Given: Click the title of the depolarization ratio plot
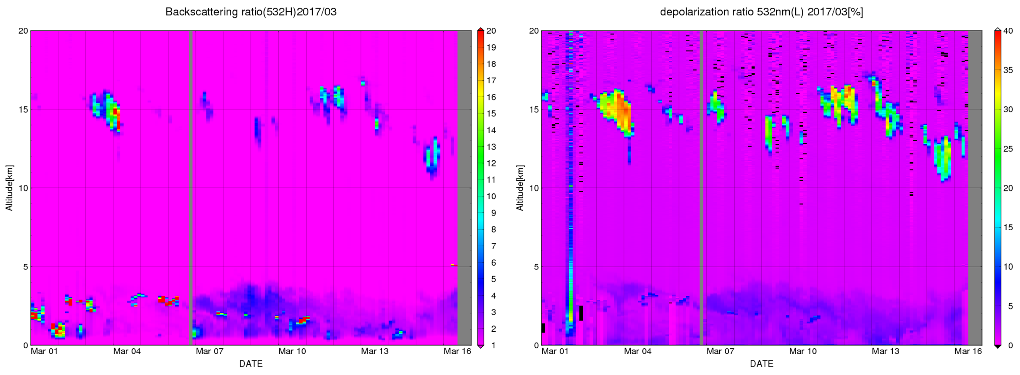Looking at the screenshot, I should click(x=761, y=12).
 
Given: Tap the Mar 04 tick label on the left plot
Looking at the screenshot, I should click(x=127, y=351).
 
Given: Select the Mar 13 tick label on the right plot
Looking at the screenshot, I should click(x=885, y=351).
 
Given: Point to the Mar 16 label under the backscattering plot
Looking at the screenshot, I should click(x=457, y=351).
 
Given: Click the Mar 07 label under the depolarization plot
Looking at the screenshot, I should click(x=720, y=351).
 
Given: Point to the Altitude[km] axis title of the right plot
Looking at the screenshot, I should click(x=520, y=188).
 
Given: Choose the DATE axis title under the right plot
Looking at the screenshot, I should click(x=761, y=364).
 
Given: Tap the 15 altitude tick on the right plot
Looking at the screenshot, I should click(x=534, y=110).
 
